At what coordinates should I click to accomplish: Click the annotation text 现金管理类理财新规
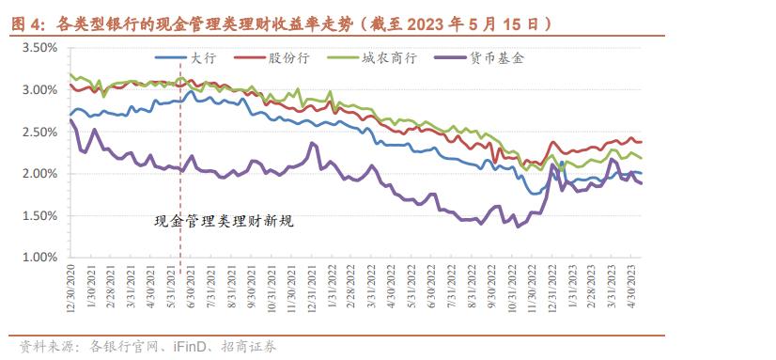225,222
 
